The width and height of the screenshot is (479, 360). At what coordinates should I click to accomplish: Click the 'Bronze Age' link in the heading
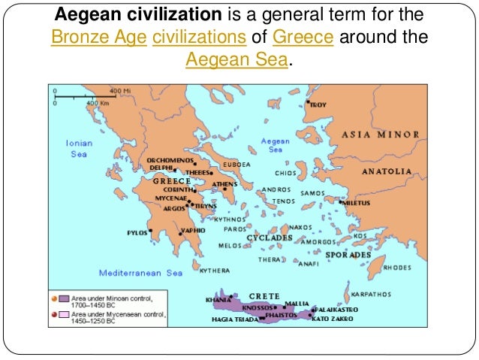pos(98,37)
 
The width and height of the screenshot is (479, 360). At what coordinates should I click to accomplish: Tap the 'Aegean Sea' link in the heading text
pos(236,59)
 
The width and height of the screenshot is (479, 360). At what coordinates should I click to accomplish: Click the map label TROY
pos(318,105)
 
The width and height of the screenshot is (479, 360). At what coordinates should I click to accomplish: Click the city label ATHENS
pos(224,183)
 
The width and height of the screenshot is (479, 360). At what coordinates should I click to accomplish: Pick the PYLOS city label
pos(137,232)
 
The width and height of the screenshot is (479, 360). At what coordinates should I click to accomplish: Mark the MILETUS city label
pos(358,202)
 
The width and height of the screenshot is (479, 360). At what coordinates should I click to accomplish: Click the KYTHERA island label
pos(215,269)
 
